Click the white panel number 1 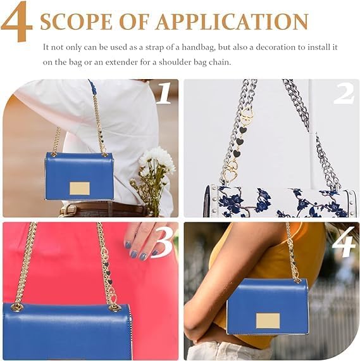click(x=163, y=92)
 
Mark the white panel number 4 click(x=343, y=242)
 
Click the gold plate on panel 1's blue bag click(x=80, y=189)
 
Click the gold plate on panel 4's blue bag click(x=268, y=320)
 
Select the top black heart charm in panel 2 click(x=242, y=130)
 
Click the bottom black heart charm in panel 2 click(x=236, y=153)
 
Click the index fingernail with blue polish click(x=143, y=256)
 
